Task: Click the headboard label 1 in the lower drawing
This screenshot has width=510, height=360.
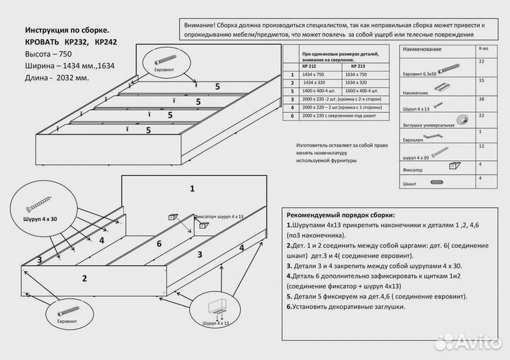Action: pyautogui.click(x=191, y=189)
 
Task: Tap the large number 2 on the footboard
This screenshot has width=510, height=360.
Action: pyautogui.click(x=84, y=279)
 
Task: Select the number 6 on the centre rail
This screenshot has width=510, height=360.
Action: pyautogui.click(x=159, y=244)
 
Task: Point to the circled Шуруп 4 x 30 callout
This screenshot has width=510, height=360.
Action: pyautogui.click(x=39, y=206)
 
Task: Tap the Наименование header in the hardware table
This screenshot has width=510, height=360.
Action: pyautogui.click(x=422, y=49)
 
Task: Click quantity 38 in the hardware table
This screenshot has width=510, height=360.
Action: pyautogui.click(x=482, y=99)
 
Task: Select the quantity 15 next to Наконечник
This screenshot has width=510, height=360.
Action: pyautogui.click(x=482, y=80)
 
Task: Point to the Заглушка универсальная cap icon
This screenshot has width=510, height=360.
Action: pyautogui.click(x=463, y=117)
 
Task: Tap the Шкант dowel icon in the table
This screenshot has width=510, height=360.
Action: pyautogui.click(x=437, y=183)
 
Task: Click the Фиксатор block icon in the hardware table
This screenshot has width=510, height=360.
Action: pyautogui.click(x=453, y=167)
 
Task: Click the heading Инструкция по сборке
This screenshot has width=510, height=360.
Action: pyautogui.click(x=67, y=31)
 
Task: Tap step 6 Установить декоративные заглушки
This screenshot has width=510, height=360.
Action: pyautogui.click(x=346, y=307)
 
